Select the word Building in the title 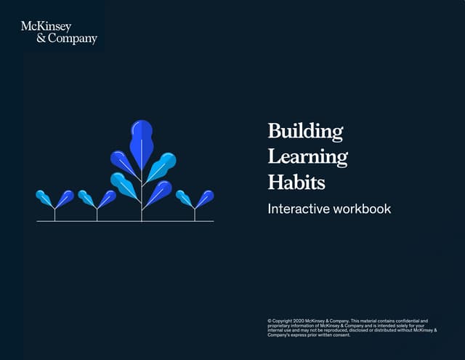coord(305,132)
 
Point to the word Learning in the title coord(307,156)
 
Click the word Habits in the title coord(296,181)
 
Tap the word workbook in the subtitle coord(364,209)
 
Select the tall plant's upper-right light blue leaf coord(161,166)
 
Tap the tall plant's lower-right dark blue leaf coord(160,192)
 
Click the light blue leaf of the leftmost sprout coord(44,197)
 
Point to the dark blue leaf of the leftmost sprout coord(65,198)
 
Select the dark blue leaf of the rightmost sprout coord(206,198)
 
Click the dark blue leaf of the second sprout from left coord(108,198)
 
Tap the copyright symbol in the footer coord(270,321)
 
